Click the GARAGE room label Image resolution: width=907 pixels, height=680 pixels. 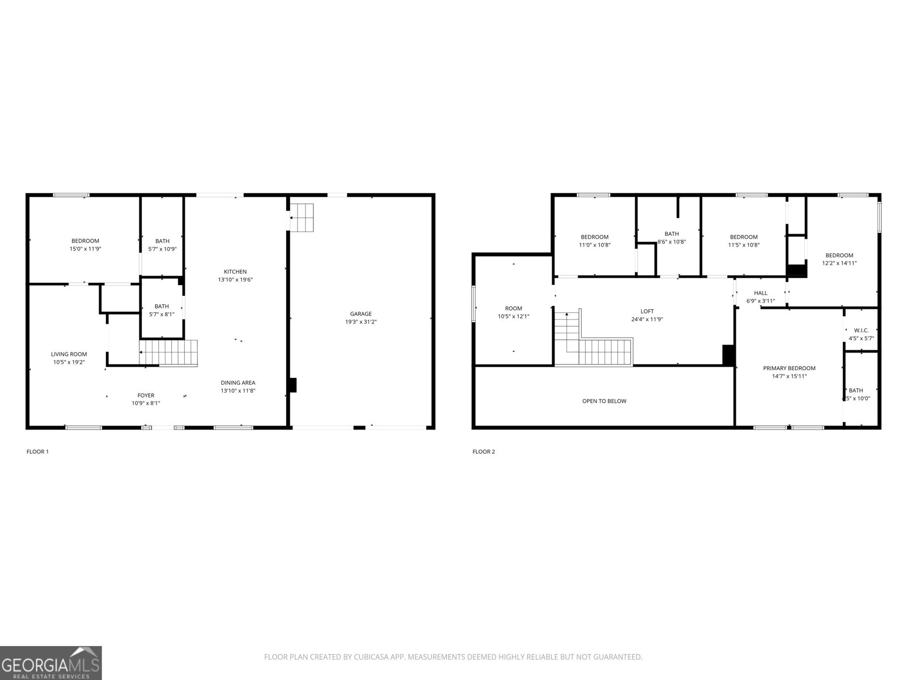pyautogui.click(x=361, y=314)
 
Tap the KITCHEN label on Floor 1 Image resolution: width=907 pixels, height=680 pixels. pyautogui.click(x=235, y=272)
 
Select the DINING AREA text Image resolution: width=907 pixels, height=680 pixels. pyautogui.click(x=238, y=382)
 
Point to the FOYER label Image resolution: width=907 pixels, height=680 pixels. pyautogui.click(x=146, y=396)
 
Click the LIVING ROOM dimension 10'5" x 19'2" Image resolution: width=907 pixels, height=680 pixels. pyautogui.click(x=69, y=362)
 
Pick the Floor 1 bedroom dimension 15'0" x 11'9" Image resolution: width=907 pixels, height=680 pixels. pyautogui.click(x=85, y=249)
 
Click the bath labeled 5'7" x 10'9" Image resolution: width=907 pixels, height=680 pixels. pyautogui.click(x=162, y=245)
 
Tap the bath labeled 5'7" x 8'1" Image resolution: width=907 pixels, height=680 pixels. pyautogui.click(x=162, y=310)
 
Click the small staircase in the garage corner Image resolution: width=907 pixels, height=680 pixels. pyautogui.click(x=302, y=217)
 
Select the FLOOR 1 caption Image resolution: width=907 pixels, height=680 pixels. pyautogui.click(x=37, y=452)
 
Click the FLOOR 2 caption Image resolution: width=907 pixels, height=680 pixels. pyautogui.click(x=484, y=452)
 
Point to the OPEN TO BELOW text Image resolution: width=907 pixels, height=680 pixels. pyautogui.click(x=604, y=401)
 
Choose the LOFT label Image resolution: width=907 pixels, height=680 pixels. pyautogui.click(x=647, y=311)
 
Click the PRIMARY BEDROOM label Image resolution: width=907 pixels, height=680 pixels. pyautogui.click(x=789, y=368)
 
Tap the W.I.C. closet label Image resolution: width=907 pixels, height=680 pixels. pyautogui.click(x=861, y=330)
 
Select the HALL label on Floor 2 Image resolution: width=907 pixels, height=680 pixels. pyautogui.click(x=761, y=293)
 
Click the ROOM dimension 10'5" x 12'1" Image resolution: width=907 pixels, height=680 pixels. pyautogui.click(x=514, y=317)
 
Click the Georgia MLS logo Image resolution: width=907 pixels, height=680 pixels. pyautogui.click(x=51, y=662)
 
